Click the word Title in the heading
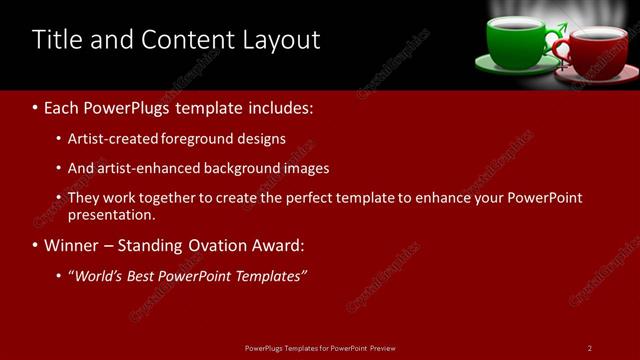[x=56, y=40]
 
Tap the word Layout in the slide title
[x=284, y=40]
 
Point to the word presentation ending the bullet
[x=110, y=214]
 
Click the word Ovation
[x=215, y=245]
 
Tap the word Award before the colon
[x=274, y=245]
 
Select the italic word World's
[x=98, y=276]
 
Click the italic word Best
[x=145, y=276]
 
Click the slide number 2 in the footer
[x=590, y=348]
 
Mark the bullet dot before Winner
[x=36, y=246]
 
